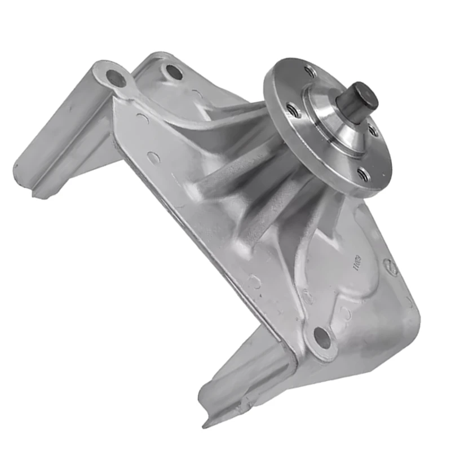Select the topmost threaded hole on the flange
(309, 71)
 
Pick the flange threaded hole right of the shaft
(373, 131)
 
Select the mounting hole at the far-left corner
(117, 78)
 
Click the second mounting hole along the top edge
(174, 72)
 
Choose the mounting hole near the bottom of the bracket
(322, 337)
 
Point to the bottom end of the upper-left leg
(34, 180)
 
